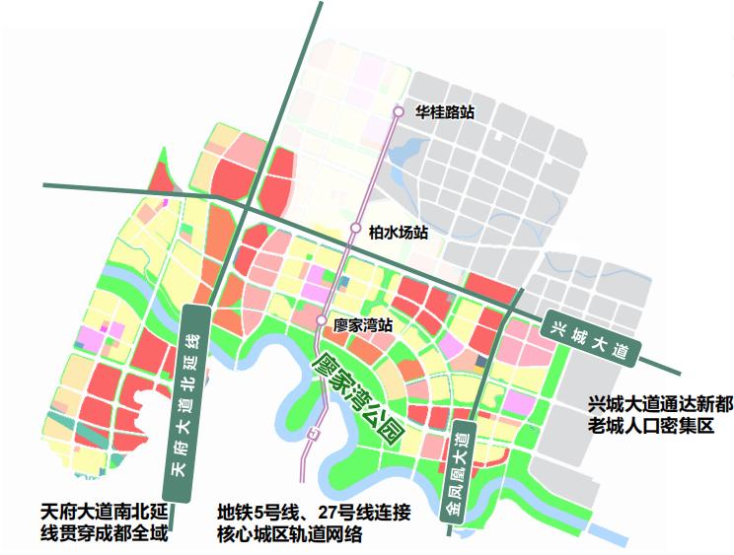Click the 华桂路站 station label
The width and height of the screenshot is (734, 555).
445,112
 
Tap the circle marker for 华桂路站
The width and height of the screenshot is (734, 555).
399,112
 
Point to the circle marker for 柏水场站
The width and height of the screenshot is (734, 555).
357,229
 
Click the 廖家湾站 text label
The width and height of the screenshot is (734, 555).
364,323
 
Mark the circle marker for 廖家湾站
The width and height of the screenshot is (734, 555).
322,321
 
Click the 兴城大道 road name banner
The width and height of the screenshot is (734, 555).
591,338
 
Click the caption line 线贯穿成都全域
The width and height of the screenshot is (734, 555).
106,534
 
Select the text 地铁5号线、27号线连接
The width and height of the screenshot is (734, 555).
313,513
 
